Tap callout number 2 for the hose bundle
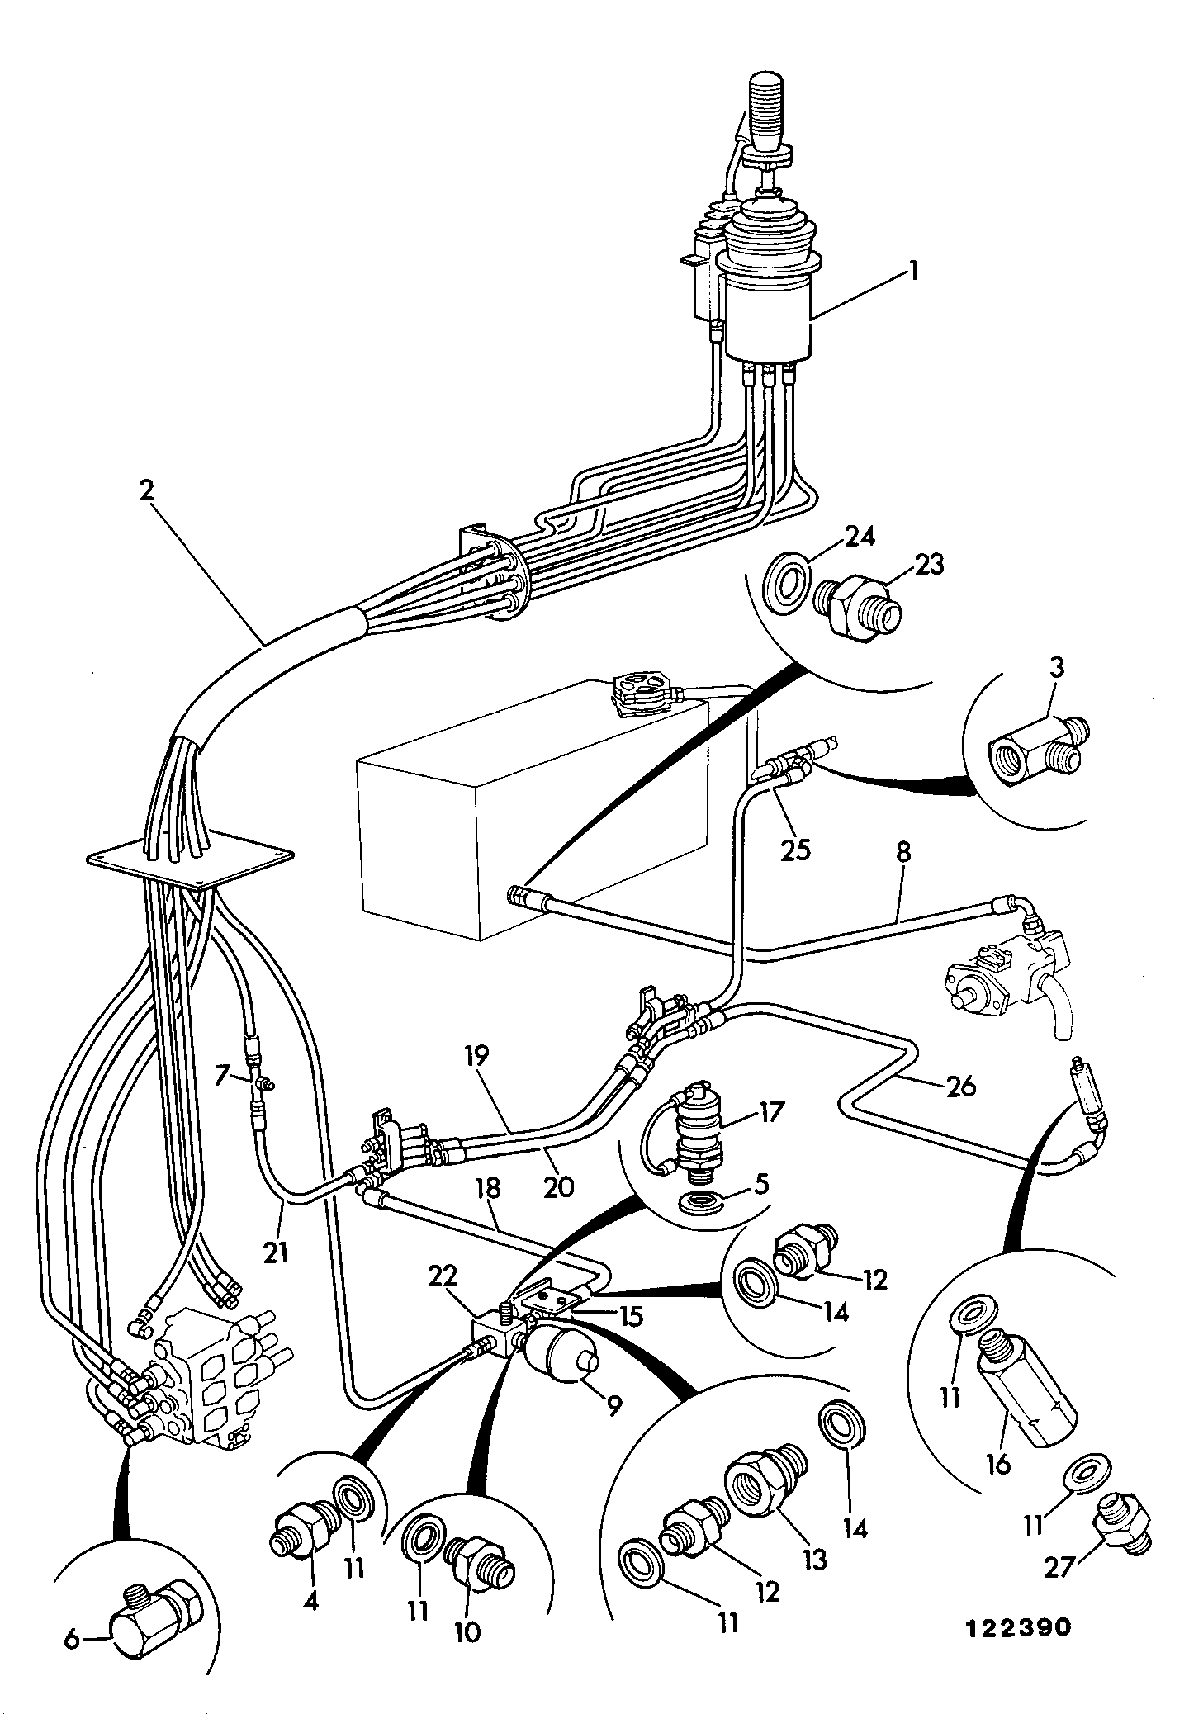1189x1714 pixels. [x=147, y=490]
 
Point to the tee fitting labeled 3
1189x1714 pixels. [x=1039, y=748]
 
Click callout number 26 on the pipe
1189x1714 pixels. [x=960, y=1086]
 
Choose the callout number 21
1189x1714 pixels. [x=276, y=1253]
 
